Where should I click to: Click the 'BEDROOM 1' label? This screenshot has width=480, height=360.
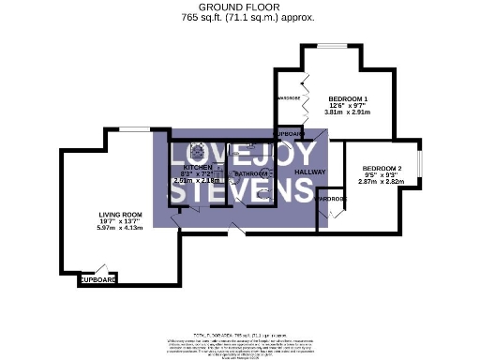tap(347, 98)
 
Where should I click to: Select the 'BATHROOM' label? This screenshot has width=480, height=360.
tap(252, 173)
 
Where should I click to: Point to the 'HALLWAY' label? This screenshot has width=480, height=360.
tap(309, 172)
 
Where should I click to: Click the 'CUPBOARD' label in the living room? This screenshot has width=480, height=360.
tap(97, 280)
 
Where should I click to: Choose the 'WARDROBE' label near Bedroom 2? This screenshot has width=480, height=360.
tap(330, 199)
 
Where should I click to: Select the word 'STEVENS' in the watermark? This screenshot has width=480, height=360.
tap(239, 192)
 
